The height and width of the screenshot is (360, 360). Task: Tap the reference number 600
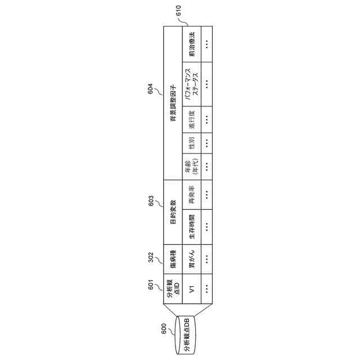tap(163, 330)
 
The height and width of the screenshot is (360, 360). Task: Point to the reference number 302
tap(151, 257)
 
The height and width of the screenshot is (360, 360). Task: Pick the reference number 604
tap(151, 89)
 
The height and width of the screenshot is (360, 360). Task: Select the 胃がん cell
tap(192, 258)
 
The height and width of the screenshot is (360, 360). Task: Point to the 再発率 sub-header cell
tap(192, 195)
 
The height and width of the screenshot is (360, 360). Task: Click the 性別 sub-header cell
tap(192, 142)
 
